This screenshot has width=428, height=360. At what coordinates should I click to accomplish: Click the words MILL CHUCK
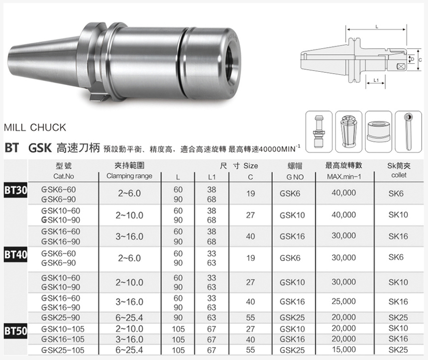tap(35, 128)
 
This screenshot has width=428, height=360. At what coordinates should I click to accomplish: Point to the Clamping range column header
tap(129, 176)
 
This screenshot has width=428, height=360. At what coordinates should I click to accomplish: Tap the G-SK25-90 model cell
tap(61, 318)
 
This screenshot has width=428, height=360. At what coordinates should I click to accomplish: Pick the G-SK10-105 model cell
tap(63, 329)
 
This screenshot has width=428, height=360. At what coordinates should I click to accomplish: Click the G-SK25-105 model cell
tap(63, 350)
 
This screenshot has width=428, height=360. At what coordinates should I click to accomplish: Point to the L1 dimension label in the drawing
tap(376, 80)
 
